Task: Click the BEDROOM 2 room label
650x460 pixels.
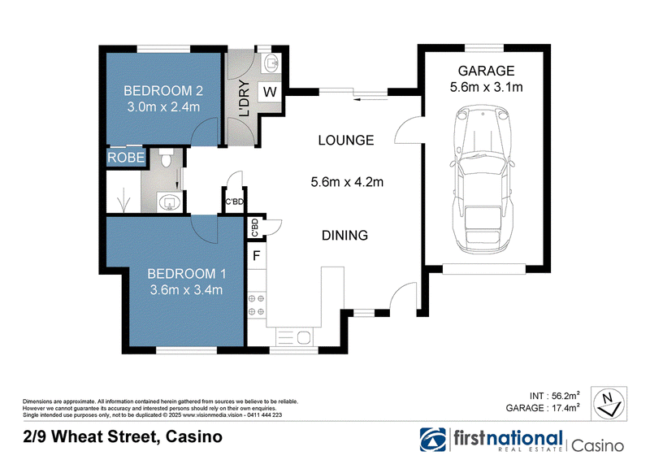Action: click(x=163, y=90)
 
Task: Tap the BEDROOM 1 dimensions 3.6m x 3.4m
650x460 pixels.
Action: click(x=186, y=289)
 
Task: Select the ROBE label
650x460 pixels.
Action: click(x=126, y=157)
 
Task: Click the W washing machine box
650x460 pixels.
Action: click(x=270, y=92)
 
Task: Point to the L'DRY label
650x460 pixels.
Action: click(x=245, y=98)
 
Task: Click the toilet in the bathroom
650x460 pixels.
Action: click(x=167, y=157)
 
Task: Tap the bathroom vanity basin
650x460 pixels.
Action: click(x=169, y=203)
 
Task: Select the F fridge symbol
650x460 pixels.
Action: click(x=257, y=255)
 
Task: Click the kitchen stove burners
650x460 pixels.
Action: click(x=256, y=305)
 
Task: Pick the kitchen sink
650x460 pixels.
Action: click(x=294, y=337)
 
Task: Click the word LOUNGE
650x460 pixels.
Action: click(x=346, y=141)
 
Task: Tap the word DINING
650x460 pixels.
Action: click(x=344, y=235)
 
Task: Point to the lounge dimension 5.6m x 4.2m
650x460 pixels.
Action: click(x=347, y=182)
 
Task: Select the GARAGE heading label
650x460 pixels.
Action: click(x=486, y=71)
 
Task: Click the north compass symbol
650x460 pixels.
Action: click(x=609, y=404)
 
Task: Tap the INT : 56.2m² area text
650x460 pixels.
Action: click(x=554, y=395)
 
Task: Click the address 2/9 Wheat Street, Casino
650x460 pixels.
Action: click(x=123, y=436)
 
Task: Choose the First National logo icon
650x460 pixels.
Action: click(x=432, y=440)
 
